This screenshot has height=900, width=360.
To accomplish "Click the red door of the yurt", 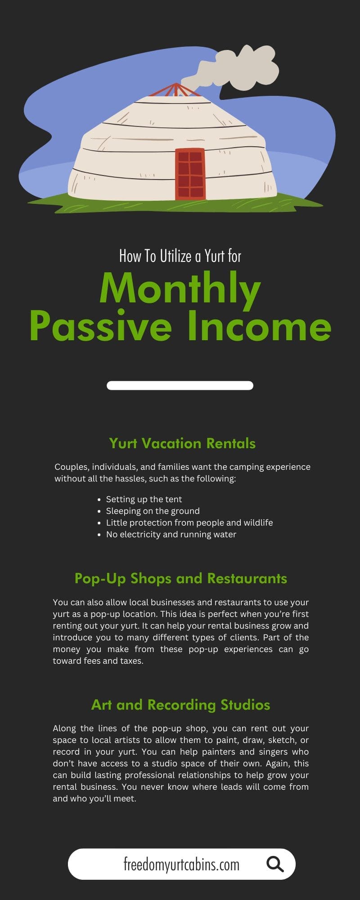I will click(190, 174).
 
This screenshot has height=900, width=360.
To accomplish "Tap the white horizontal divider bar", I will click(180, 386).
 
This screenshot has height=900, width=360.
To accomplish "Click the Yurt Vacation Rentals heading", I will click(182, 443).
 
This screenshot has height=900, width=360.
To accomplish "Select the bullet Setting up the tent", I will click(144, 499).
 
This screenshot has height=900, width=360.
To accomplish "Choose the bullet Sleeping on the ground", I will click(153, 511).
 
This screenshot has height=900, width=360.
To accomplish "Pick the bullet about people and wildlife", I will click(189, 522).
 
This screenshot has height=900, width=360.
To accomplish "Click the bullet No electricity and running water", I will click(171, 534).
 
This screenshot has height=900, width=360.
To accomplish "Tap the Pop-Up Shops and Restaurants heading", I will click(181, 578).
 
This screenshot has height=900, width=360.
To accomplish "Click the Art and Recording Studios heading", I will click(181, 705).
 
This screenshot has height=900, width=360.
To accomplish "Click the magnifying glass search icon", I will click(275, 864).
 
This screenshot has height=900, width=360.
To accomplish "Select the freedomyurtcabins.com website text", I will click(181, 864).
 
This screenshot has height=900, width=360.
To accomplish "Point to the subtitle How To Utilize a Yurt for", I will click(180, 256).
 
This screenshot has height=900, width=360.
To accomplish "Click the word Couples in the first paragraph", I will click(71, 467).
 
